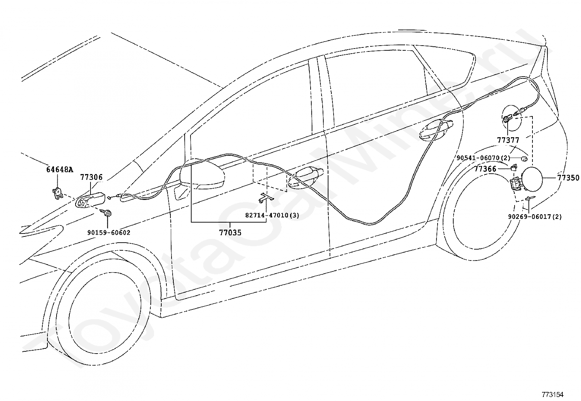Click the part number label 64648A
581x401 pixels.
(60, 169)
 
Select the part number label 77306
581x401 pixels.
(91, 177)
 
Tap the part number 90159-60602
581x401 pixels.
(109, 232)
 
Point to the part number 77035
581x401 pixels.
(230, 232)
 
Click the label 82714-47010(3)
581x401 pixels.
(272, 215)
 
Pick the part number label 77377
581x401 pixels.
(508, 140)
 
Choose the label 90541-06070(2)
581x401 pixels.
(483, 158)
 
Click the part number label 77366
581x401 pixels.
(485, 169)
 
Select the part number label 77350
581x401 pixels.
(568, 178)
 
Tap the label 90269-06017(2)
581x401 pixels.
(535, 217)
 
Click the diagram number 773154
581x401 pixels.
(553, 394)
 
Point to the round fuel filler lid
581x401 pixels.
(534, 178)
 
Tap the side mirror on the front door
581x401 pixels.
(203, 175)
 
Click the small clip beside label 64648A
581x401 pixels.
(58, 192)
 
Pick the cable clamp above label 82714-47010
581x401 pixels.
(266, 197)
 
